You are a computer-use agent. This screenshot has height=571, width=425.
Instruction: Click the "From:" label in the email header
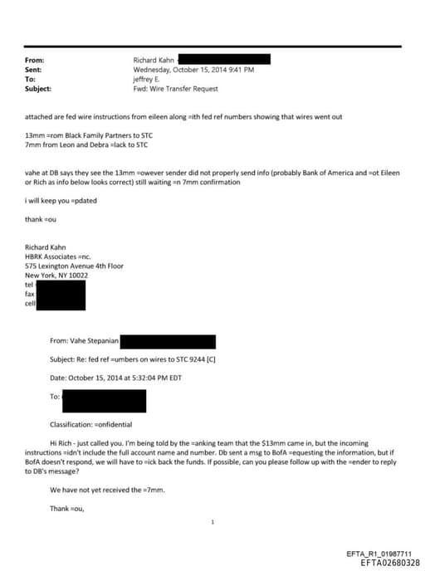pyautogui.click(x=34, y=61)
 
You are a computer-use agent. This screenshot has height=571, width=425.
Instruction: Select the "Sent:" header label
pyautogui.click(x=34, y=70)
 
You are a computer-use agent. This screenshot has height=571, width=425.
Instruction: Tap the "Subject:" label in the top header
pyautogui.click(x=38, y=88)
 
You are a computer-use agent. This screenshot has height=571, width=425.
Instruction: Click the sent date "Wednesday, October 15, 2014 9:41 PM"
pyautogui.click(x=193, y=70)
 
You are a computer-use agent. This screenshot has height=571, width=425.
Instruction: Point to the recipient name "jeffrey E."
pyautogui.click(x=149, y=79)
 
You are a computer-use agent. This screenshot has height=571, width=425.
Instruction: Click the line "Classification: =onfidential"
pyautogui.click(x=96, y=424)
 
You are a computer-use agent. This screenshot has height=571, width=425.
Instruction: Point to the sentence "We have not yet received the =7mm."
pyautogui.click(x=107, y=490)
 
